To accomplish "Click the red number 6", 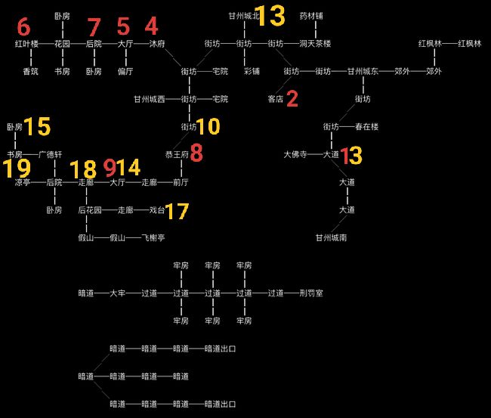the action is point(24,26).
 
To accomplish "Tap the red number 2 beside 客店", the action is point(292,99).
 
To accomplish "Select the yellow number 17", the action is point(177,211).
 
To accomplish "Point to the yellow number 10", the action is point(208,126).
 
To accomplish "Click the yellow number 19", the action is point(17,169).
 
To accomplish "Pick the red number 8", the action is point(196,153).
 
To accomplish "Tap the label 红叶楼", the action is point(26,44).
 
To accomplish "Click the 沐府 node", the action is point(157,44).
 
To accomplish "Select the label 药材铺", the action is point(311,16).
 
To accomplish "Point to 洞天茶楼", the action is point(315,44).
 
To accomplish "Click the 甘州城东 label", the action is point(363,72).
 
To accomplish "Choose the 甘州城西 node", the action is point(150,99).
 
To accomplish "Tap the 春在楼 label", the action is point(366,127).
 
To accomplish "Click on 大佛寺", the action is point(295,154).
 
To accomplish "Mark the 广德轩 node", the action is point(50,154).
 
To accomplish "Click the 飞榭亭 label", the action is point(153,238).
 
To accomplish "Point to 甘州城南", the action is point(332,238).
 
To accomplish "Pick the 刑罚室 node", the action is point(311,293).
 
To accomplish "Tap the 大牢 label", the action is point(118,293).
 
